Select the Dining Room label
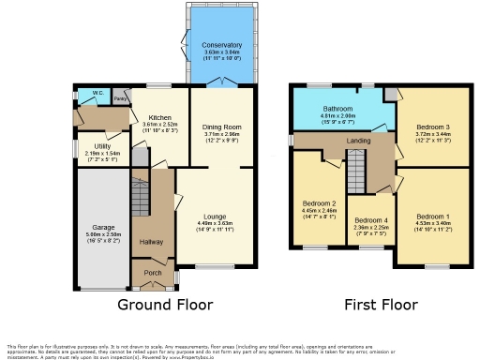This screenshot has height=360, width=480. coord(221,126)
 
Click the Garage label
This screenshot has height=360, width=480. coord(102,227)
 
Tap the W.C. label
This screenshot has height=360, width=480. coord(97,93)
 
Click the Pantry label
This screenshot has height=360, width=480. coord(121,97)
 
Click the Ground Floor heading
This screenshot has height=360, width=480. coord(164,305)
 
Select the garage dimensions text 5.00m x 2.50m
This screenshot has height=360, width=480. coord(102,234)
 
